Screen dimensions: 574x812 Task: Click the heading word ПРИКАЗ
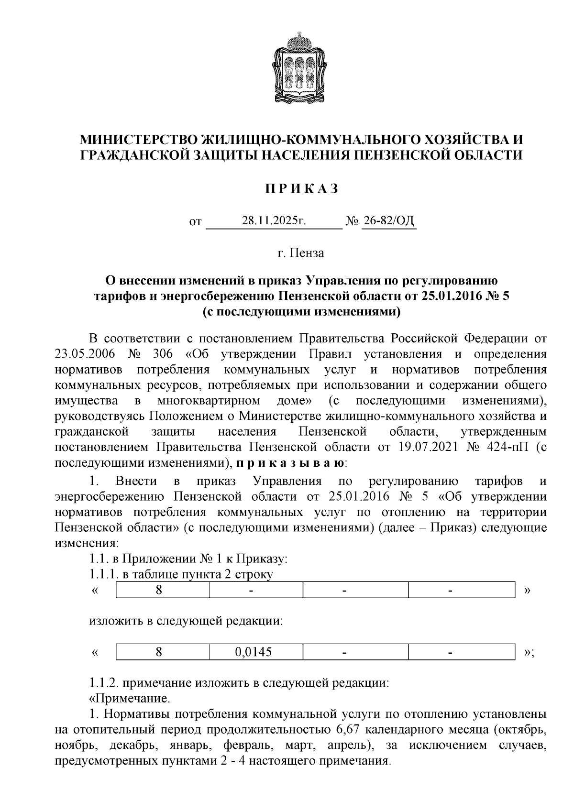pyautogui.click(x=302, y=189)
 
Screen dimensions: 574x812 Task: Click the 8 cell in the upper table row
pyautogui.click(x=159, y=590)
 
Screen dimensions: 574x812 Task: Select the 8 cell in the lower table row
pyautogui.click(x=159, y=652)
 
